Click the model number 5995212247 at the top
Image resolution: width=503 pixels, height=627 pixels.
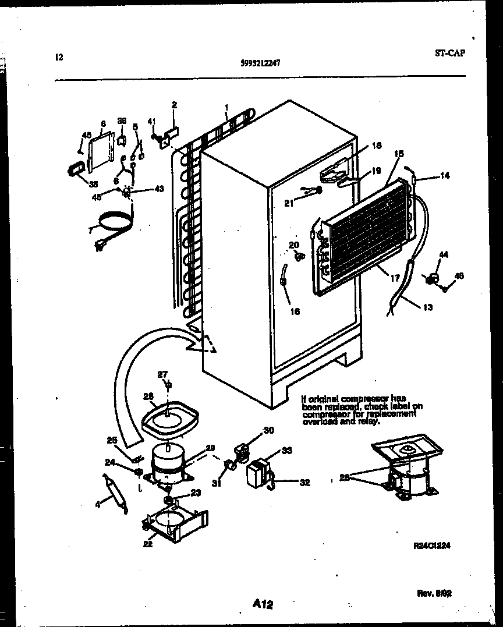[x=260, y=64]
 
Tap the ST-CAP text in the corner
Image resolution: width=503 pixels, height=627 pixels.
[x=449, y=53]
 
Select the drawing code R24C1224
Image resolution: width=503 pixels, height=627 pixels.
[x=432, y=545]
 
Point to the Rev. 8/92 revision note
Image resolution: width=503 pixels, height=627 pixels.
[x=434, y=594]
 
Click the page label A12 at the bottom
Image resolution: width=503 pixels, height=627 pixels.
[x=263, y=605]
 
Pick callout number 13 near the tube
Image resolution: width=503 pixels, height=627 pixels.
[x=428, y=307]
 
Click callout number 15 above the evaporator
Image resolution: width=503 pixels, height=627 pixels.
[x=399, y=154]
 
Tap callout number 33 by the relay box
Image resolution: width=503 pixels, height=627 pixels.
[x=286, y=450]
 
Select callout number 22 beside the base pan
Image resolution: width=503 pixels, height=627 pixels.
[x=148, y=544]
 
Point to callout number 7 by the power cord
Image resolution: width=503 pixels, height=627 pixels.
[x=89, y=231]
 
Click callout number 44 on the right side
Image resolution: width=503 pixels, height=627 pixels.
[x=444, y=254]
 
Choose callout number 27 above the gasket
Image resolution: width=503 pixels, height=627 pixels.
[x=162, y=374]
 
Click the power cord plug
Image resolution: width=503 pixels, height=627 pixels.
[x=100, y=247]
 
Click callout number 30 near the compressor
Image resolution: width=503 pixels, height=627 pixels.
[x=268, y=430]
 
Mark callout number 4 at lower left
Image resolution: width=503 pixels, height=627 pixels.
[x=98, y=505]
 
